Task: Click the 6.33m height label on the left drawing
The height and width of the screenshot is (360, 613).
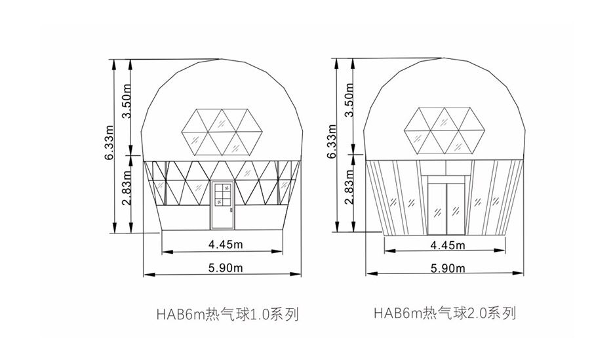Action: (109, 142)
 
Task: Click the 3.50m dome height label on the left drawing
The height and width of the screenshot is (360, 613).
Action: (126, 101)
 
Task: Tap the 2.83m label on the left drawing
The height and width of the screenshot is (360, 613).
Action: (126, 188)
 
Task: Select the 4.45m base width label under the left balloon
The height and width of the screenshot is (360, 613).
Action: (226, 245)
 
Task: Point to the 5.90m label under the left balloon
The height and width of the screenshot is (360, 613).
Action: (226, 268)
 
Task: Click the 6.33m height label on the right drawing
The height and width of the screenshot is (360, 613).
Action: (332, 141)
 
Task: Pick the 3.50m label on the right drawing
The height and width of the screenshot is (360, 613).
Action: (349, 100)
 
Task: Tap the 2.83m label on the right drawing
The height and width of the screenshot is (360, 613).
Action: (349, 187)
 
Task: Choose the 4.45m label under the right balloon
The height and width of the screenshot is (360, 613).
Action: (448, 245)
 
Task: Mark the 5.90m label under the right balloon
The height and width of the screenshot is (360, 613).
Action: (448, 269)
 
